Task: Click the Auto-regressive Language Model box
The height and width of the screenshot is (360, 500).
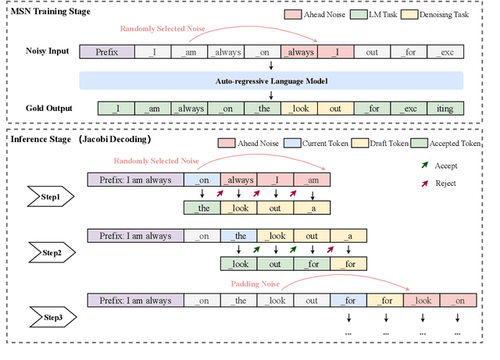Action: (x=271, y=80)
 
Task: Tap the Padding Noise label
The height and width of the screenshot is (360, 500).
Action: (x=255, y=283)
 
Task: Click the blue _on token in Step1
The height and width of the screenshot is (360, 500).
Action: (x=202, y=179)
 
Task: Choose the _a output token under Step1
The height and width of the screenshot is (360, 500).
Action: (x=312, y=208)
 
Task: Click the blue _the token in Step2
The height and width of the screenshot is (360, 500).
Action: (x=238, y=236)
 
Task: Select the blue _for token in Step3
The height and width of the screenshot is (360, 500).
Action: (x=348, y=301)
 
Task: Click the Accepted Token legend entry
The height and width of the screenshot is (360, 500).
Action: (x=458, y=144)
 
